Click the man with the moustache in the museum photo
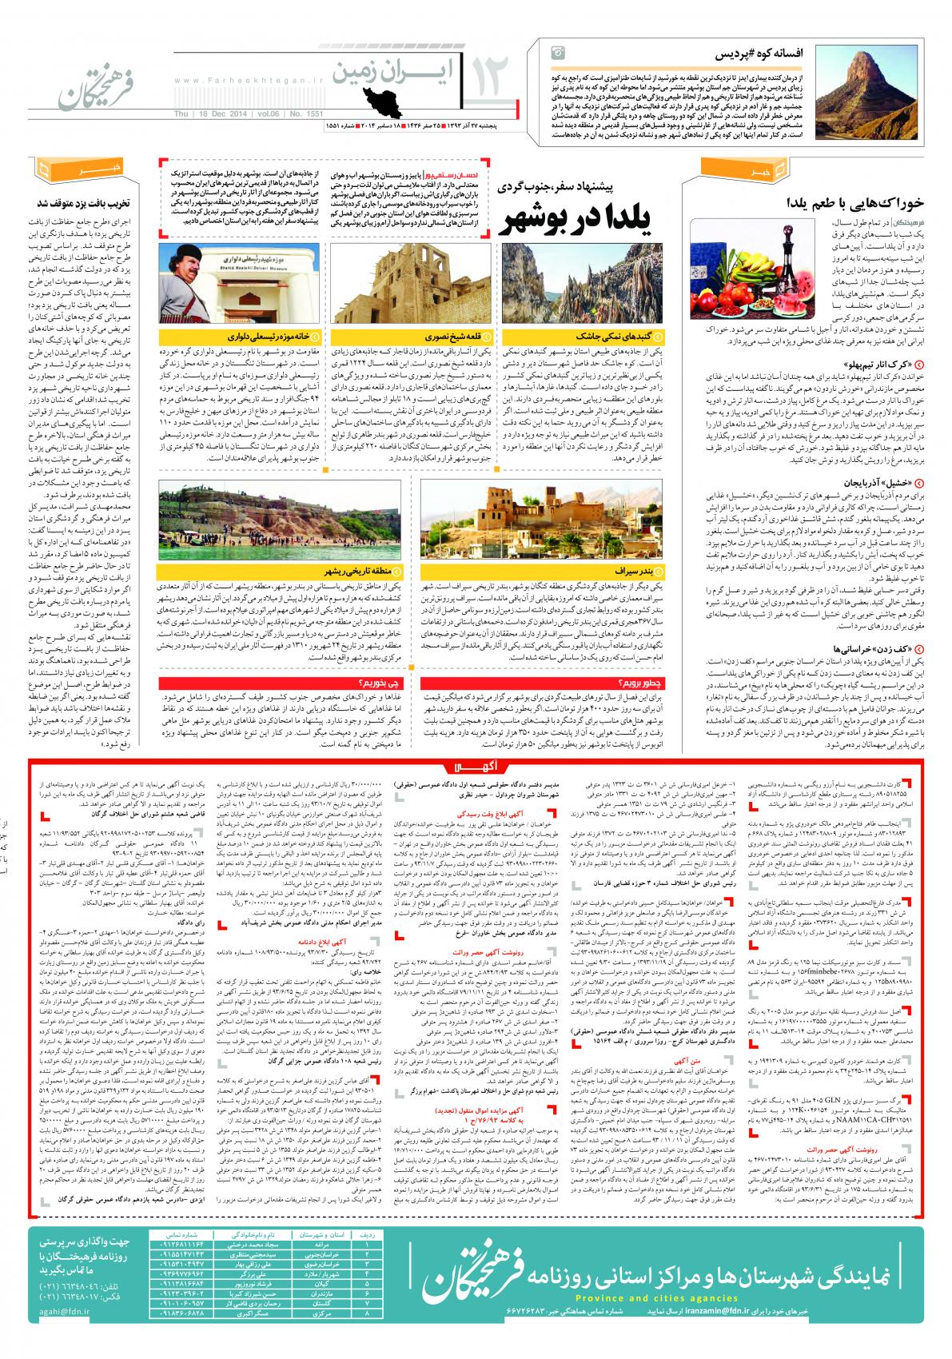tap(189, 279)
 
